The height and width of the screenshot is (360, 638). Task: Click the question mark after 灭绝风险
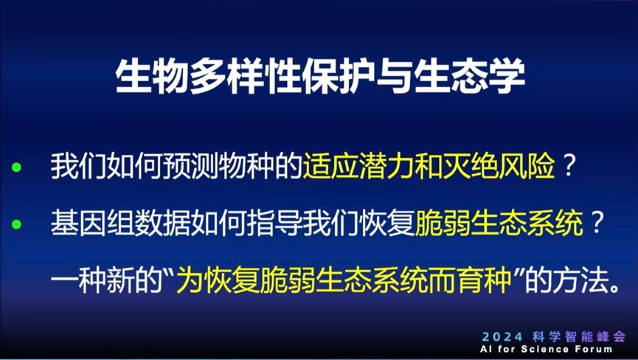pyautogui.click(x=569, y=168)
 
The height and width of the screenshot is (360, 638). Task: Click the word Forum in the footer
pyautogui.click(x=594, y=348)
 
